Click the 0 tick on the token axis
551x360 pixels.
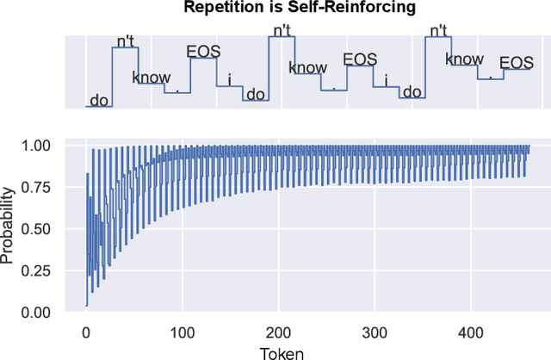85,332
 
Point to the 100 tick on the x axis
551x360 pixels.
182,332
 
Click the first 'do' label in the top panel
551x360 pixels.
100,100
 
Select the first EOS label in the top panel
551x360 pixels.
204,51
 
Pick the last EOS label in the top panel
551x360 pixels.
517,62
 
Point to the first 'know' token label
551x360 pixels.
152,77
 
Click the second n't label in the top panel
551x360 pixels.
282,30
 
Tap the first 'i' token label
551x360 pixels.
229,79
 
